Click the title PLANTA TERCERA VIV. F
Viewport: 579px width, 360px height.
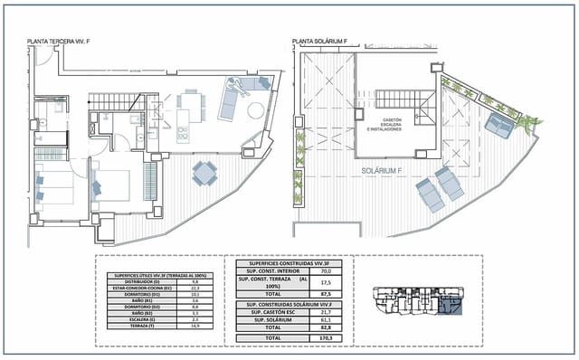coord(60,41)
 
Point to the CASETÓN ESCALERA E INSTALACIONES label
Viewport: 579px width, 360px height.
coord(392,123)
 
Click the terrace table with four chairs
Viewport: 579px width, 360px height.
coord(204,171)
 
